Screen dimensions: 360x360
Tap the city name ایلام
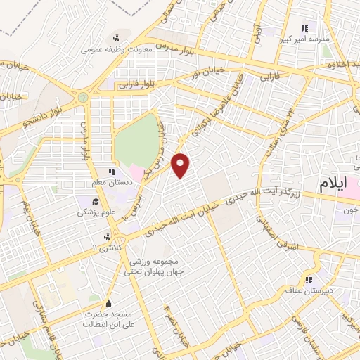[x=333, y=184]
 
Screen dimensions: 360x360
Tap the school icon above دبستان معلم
[x=110, y=172]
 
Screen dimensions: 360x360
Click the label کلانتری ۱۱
[x=106, y=248]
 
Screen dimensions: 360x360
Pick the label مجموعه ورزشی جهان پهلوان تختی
[x=155, y=264]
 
